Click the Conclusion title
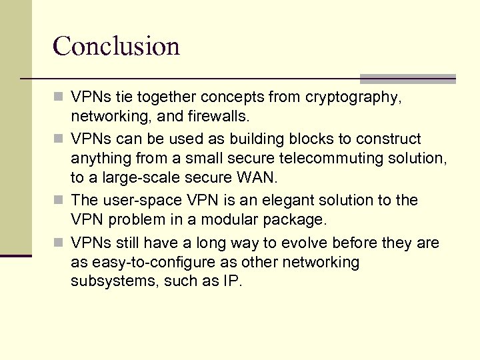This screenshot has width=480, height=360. tap(116, 47)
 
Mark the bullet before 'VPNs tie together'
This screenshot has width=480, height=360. tap(61, 98)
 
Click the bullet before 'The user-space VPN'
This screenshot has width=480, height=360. tap(61, 200)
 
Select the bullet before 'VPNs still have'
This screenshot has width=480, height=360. tap(61, 243)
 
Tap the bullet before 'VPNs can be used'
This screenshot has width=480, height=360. tap(61, 139)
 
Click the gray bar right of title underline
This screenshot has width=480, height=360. tap(407, 78)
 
